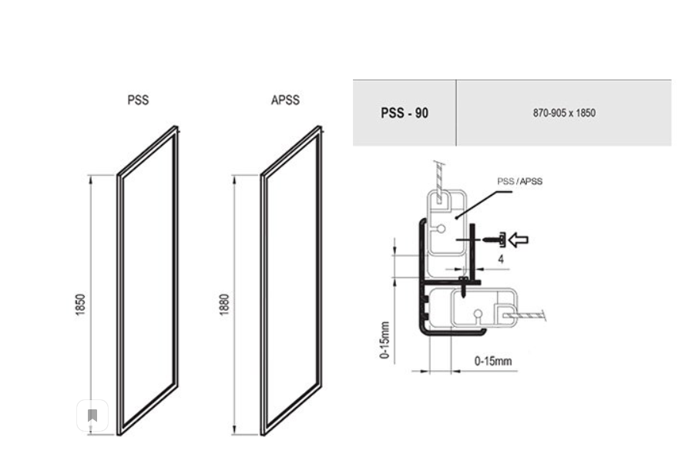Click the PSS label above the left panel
pyautogui.click(x=138, y=100)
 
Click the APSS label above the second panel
pyautogui.click(x=285, y=100)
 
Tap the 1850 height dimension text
pyautogui.click(x=80, y=304)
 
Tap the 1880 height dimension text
pyautogui.click(x=224, y=304)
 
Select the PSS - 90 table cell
pyautogui.click(x=404, y=113)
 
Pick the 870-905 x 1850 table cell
pyautogui.click(x=564, y=113)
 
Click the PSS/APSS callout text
pyautogui.click(x=520, y=181)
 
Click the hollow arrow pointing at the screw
pyautogui.click(x=519, y=240)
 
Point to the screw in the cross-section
pyautogui.click(x=494, y=240)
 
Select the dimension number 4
pyautogui.click(x=501, y=259)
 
